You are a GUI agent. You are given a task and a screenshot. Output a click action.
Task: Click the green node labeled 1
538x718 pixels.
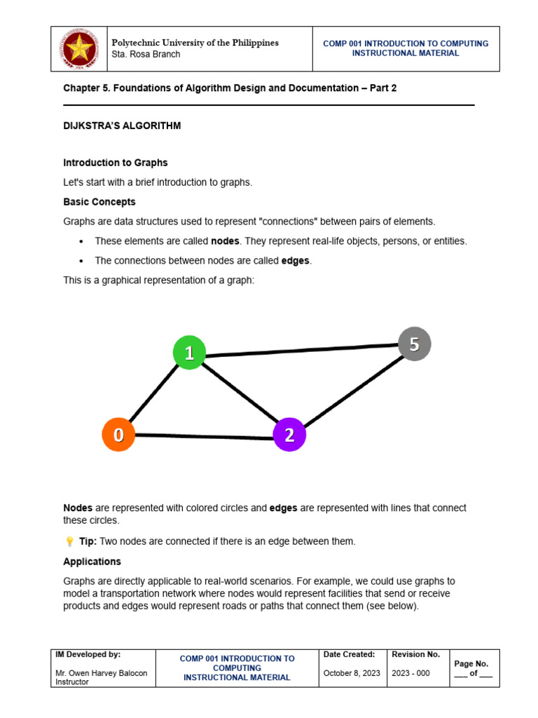point(189,353)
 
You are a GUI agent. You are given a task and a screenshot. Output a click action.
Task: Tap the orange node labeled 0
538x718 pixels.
point(118,435)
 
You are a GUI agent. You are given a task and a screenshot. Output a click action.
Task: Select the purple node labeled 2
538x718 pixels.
point(289,435)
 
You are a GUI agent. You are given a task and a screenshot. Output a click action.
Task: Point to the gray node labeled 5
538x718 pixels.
point(414,344)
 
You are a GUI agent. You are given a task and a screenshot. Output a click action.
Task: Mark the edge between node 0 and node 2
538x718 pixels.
point(203,437)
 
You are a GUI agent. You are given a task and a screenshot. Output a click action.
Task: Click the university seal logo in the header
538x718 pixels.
point(78,49)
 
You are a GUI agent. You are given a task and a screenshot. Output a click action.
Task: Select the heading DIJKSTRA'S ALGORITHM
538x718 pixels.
point(122,126)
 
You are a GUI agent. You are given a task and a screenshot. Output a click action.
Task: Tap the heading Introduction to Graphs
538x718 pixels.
point(116,163)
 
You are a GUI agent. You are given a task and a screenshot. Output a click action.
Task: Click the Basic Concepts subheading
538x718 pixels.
point(99,202)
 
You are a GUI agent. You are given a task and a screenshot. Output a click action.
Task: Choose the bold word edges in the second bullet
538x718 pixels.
point(295,261)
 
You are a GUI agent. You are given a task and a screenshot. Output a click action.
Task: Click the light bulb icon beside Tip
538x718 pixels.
point(69,541)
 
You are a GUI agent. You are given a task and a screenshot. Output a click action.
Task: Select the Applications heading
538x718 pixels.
point(92,562)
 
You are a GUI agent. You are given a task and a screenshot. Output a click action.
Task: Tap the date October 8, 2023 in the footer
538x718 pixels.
point(351,673)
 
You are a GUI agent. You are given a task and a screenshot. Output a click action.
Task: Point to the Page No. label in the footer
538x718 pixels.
point(471,663)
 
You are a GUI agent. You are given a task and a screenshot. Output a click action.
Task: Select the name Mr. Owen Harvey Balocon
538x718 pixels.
point(101,673)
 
